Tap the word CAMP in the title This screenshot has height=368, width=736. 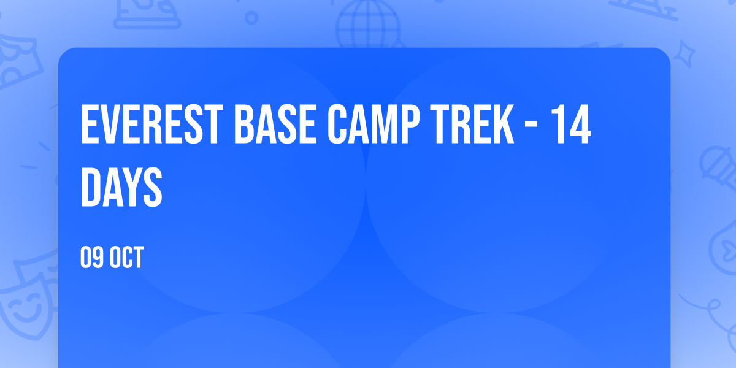coord(374,124)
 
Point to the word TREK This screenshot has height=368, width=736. coord(472,124)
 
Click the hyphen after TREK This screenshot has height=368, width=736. coord(531,126)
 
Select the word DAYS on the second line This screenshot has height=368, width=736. coord(121,186)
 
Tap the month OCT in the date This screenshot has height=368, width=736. coord(126,257)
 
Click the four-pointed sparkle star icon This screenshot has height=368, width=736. coord(684,54)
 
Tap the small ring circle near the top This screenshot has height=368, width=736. coord(251,18)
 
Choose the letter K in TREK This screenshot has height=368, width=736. coord(504,124)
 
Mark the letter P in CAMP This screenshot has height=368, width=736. coord(410,124)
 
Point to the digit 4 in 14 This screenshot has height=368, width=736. coord(580,124)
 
